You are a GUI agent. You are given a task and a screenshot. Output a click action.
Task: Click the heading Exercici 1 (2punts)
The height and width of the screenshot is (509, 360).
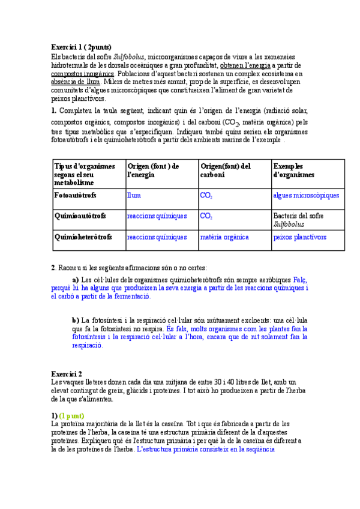pos(81,47)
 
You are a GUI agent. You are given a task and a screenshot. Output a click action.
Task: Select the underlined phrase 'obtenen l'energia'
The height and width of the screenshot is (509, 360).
pos(245,65)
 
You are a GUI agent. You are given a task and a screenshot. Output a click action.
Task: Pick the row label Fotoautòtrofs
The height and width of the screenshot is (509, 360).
pos(75,196)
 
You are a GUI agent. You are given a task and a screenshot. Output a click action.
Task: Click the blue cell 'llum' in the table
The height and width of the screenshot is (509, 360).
pos(134,196)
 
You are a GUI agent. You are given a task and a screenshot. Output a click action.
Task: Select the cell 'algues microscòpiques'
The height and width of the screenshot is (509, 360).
pos(306,196)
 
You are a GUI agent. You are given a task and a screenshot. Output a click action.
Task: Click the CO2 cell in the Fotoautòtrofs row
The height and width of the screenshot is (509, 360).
pos(206,196)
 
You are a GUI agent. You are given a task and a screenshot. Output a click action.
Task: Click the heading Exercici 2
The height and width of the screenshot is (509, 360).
pos(67,373)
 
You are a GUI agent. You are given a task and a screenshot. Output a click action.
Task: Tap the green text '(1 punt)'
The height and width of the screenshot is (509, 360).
pos(71,416)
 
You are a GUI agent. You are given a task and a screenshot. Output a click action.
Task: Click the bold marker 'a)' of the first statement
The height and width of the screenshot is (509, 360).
pos(76,280)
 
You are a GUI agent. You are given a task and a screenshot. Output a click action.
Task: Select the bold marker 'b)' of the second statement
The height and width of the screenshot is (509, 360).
pos(76,321)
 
